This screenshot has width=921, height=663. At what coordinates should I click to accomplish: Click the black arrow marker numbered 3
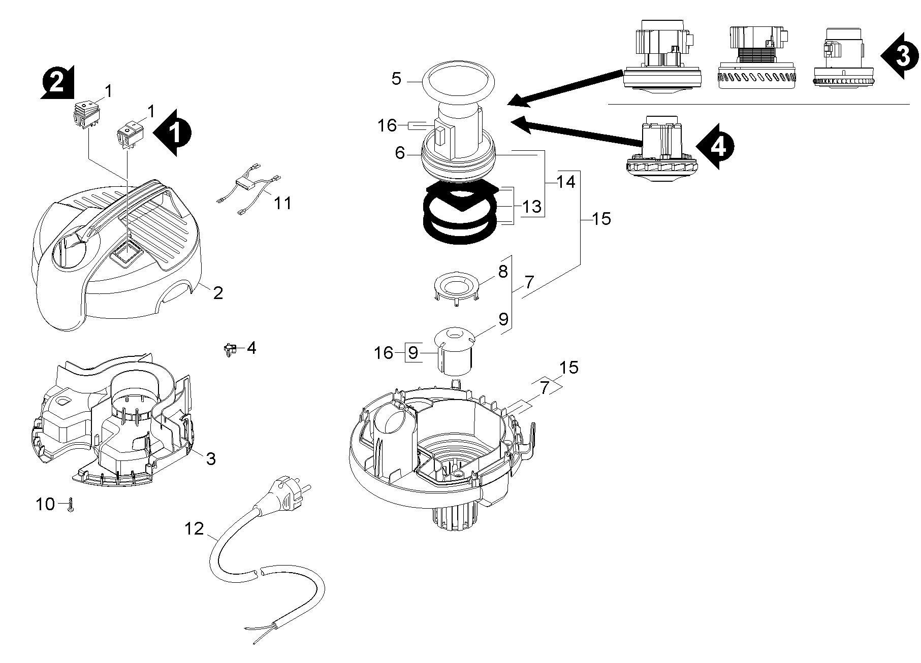coord(900,56)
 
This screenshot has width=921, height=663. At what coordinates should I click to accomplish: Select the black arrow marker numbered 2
coord(57,81)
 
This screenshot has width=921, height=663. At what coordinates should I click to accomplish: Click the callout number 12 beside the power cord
coord(194,529)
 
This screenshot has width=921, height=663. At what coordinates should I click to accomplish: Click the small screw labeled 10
coord(71,504)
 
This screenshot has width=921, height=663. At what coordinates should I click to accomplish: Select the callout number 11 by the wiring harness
coord(283,203)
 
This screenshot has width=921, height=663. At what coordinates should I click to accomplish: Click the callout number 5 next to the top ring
coord(396,79)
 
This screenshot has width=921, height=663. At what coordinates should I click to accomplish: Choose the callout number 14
coord(565,182)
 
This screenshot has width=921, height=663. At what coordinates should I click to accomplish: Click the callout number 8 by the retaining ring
coord(502,272)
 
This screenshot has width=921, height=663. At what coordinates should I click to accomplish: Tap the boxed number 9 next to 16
coord(414,352)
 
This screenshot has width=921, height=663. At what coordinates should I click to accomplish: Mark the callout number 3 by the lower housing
coord(210,458)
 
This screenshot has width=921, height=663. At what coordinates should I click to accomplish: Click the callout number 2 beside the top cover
coord(217,293)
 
